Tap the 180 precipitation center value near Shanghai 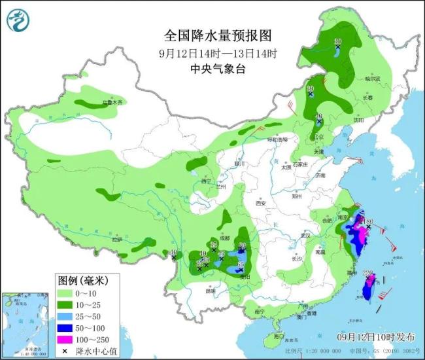(x=369, y=221)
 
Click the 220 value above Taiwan (x=367, y=273)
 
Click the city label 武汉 (x=304, y=235)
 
